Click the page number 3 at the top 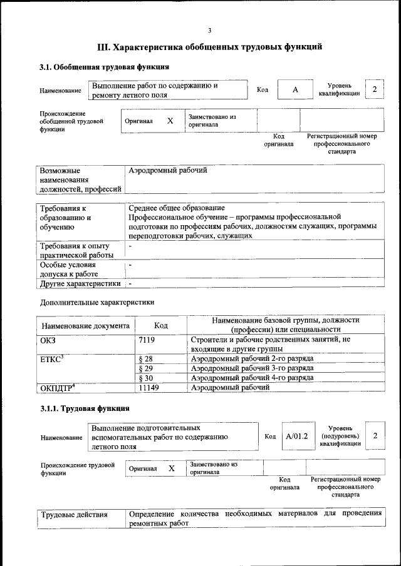[x=210, y=30]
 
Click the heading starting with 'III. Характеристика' [x=210, y=47]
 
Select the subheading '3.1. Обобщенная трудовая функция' [x=104, y=66]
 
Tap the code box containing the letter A [x=294, y=90]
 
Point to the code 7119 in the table [x=146, y=340]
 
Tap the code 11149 [x=148, y=388]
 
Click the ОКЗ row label [x=48, y=340]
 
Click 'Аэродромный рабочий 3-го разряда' [x=253, y=368]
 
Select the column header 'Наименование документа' [x=86, y=326]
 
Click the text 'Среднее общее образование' [x=177, y=208]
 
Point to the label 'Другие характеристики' [x=80, y=283]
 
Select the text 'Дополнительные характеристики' [x=97, y=303]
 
